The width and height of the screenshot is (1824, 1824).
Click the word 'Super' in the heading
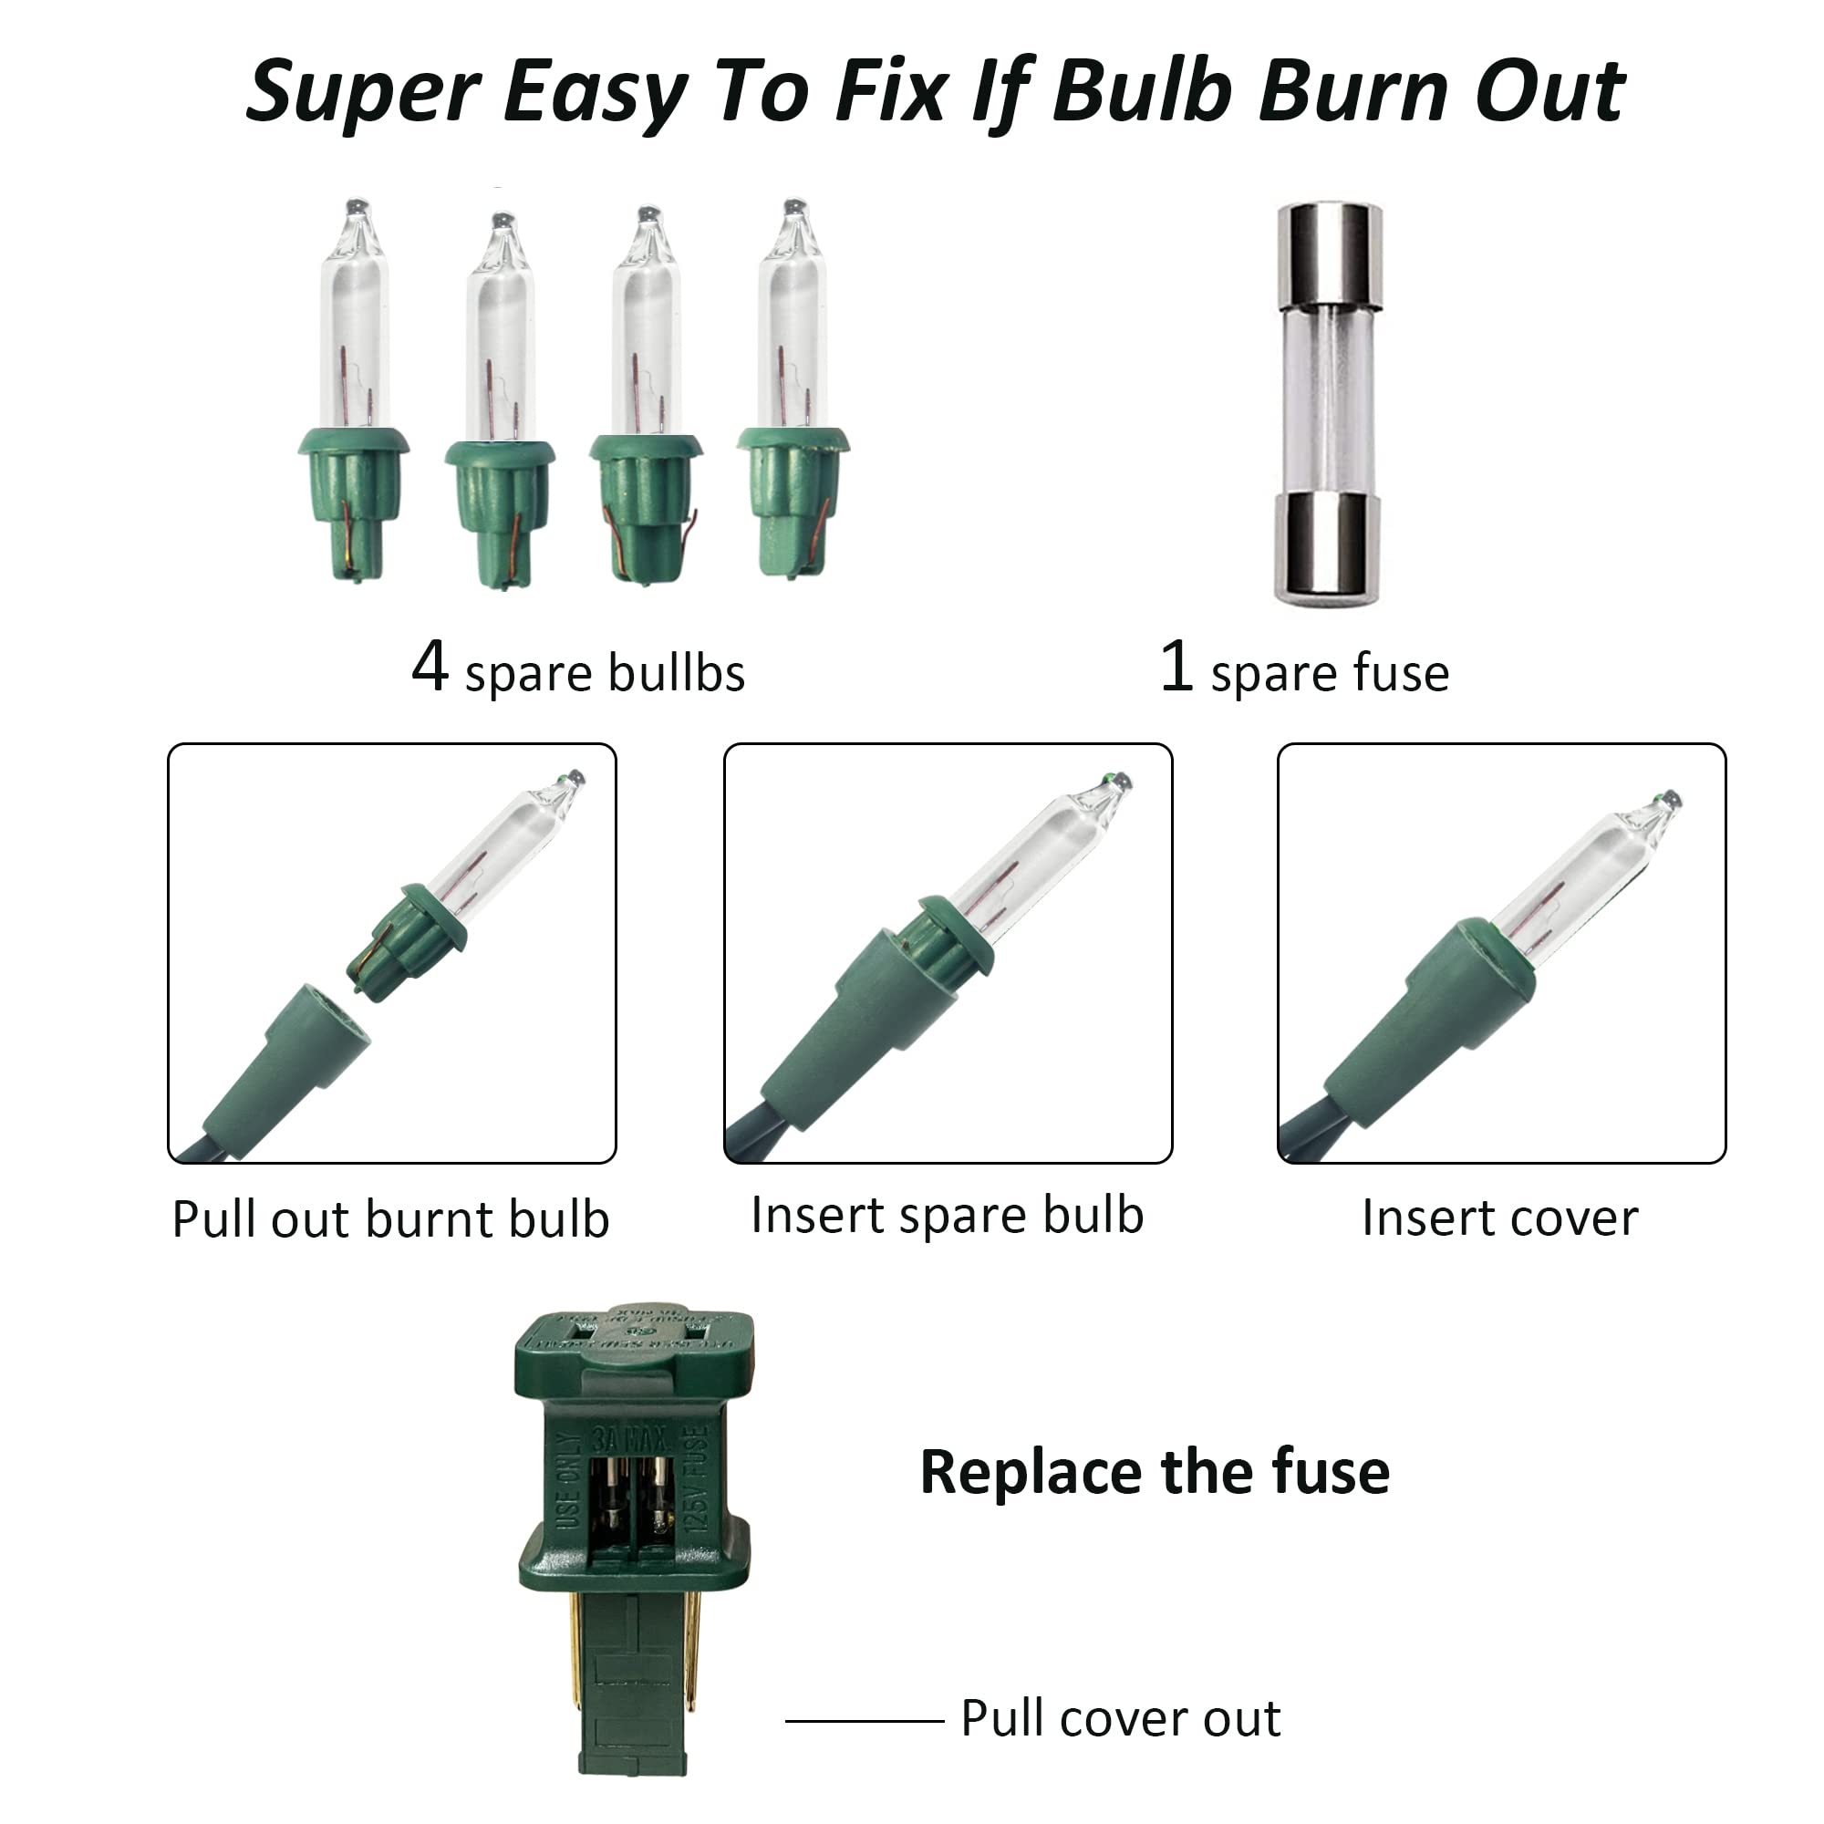[x=363, y=92]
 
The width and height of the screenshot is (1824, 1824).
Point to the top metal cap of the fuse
[x=1330, y=253]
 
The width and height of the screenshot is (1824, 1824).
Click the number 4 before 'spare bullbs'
[x=430, y=668]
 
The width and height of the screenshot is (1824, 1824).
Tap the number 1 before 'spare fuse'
[x=1176, y=668]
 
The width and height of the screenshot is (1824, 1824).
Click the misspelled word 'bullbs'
[x=676, y=673]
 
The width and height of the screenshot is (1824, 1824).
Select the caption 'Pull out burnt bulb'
[x=391, y=1218]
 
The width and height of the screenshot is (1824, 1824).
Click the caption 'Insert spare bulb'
[x=947, y=1215]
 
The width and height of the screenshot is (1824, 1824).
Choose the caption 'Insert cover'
[x=1500, y=1218]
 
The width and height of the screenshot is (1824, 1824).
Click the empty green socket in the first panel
[x=284, y=1072]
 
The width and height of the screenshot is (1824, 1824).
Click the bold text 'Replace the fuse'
[x=1155, y=1473]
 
